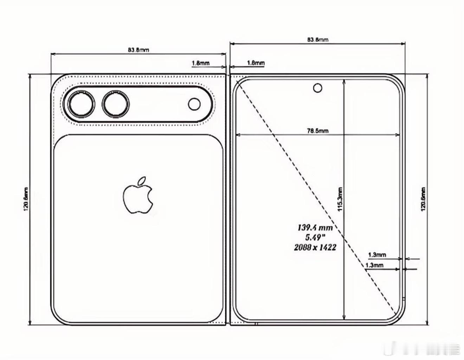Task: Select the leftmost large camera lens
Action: pyautogui.click(x=81, y=104)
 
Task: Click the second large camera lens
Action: pyautogui.click(x=115, y=104)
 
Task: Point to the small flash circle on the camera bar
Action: pyautogui.click(x=194, y=104)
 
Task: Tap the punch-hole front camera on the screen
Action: pyautogui.click(x=317, y=88)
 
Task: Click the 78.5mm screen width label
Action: pyautogui.click(x=318, y=131)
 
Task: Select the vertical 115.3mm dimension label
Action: pyautogui.click(x=340, y=199)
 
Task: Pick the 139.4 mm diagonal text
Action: pyautogui.click(x=315, y=228)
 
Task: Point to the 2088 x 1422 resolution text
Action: pyautogui.click(x=315, y=248)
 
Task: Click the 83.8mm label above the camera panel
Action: pyautogui.click(x=138, y=50)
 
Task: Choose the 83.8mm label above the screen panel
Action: pyautogui.click(x=317, y=39)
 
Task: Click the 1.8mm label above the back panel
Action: pyautogui.click(x=200, y=63)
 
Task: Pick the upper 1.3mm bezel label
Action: pyautogui.click(x=377, y=255)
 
